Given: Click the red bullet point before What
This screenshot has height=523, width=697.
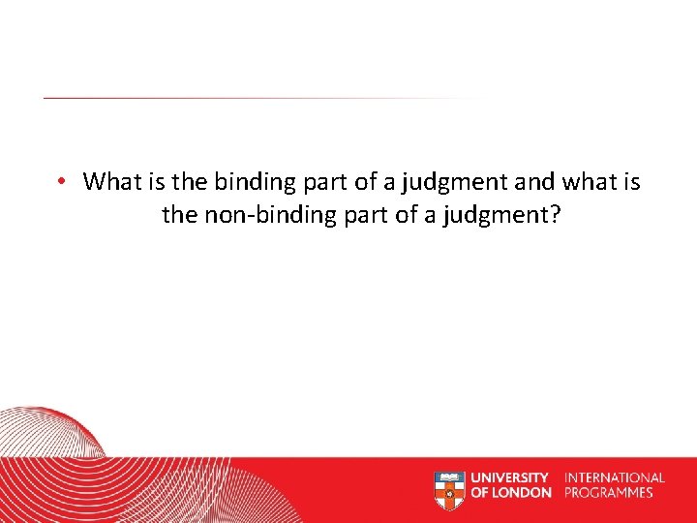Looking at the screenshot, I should coord(60,182).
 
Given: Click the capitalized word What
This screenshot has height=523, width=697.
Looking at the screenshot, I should coord(110,181).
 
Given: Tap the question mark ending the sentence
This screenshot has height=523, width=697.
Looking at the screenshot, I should coord(555,214).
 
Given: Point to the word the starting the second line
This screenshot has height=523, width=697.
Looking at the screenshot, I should coord(179,214).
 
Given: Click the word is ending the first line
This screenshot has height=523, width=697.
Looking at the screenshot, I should coord(631,181).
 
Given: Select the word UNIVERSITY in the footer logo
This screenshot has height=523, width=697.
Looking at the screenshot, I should coord(510,477).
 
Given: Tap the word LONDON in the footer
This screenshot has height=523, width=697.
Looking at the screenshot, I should coord(523,492).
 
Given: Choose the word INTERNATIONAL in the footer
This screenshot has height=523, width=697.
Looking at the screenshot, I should coord(615,477).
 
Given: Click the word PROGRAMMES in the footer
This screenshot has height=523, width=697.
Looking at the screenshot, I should coord(609,492).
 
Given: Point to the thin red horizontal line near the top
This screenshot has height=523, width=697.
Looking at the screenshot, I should coord(242,98).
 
